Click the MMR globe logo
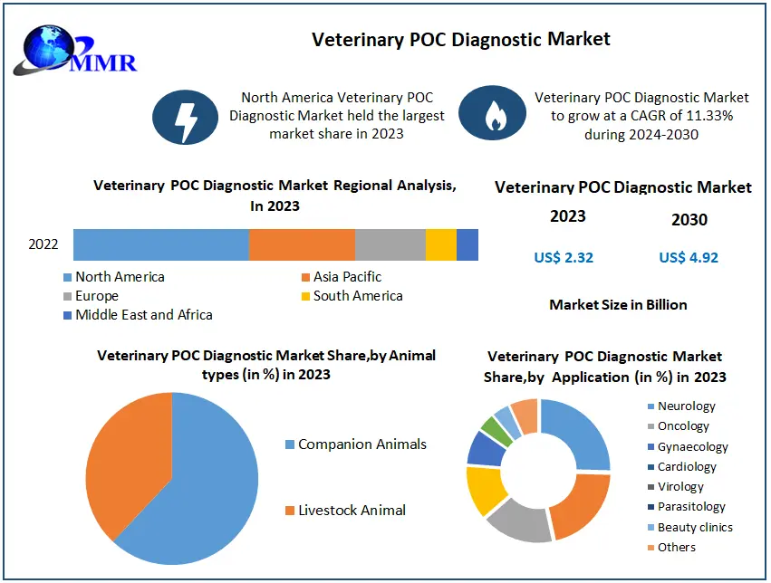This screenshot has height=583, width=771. [73, 51]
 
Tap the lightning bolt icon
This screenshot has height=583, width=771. [186, 117]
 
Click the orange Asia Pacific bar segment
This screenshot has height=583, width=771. [302, 244]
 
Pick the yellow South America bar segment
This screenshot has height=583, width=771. [441, 244]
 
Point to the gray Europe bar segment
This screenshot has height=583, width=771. [390, 244]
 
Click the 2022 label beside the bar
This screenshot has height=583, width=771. [43, 244]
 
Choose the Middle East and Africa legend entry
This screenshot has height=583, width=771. [139, 315]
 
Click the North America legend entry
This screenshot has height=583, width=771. [114, 277]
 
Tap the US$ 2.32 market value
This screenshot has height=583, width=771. [564, 257]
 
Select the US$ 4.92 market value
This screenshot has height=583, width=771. [689, 257]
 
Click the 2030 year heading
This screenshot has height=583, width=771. [689, 220]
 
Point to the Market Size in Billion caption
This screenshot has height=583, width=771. [618, 305]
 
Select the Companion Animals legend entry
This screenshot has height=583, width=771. [356, 444]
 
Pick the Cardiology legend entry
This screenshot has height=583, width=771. [682, 467]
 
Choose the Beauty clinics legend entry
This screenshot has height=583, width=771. [690, 528]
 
